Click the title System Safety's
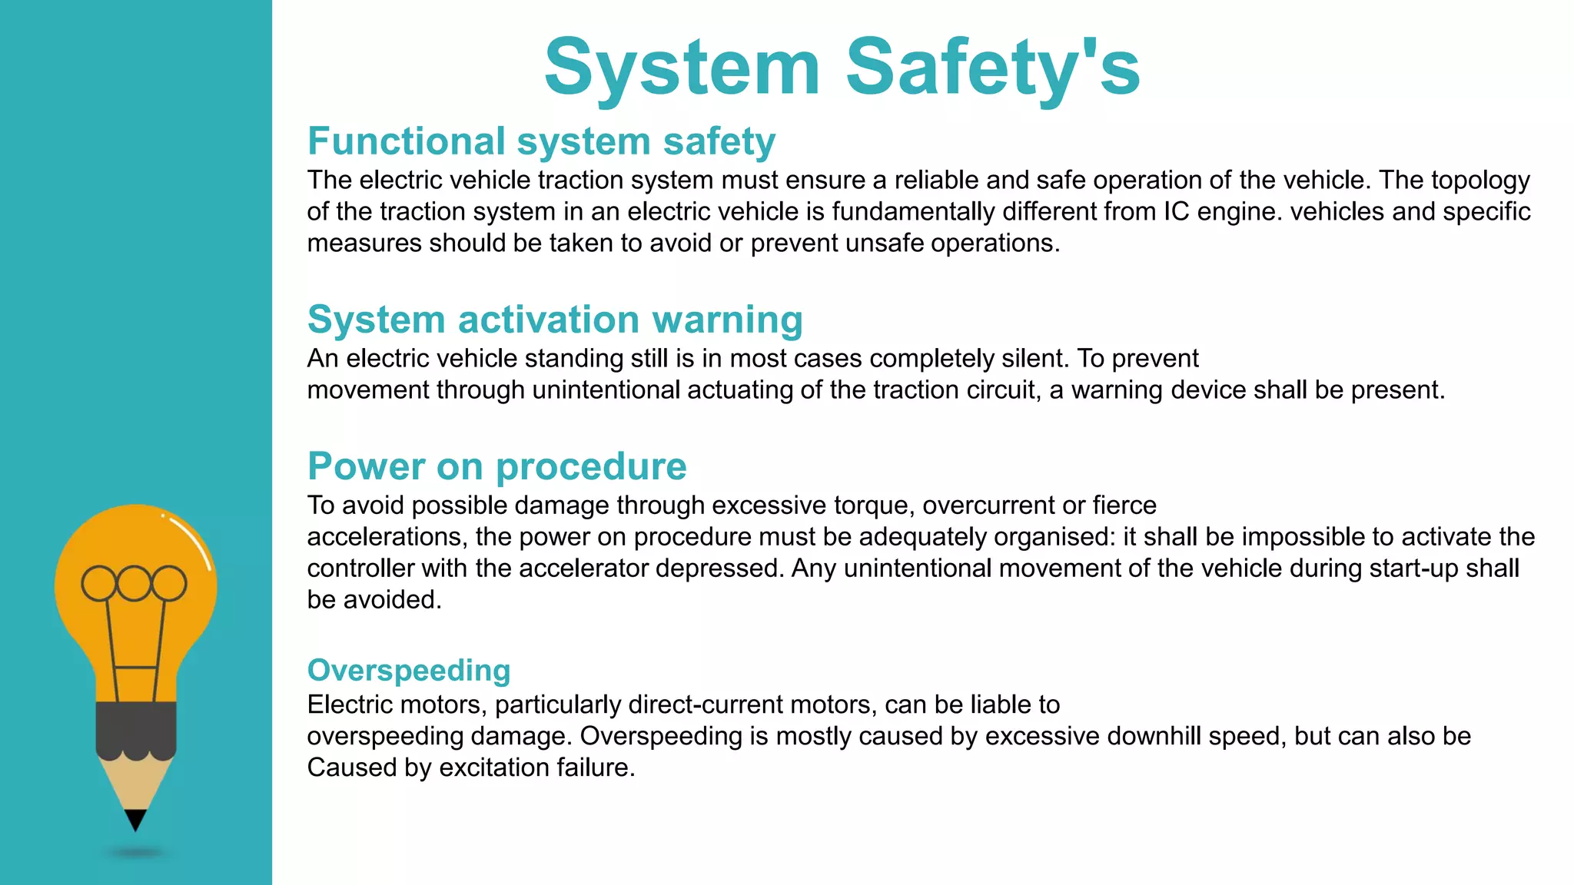click(x=842, y=68)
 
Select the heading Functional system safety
click(x=541, y=141)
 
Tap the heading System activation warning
click(x=555, y=320)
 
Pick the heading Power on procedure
click(x=496, y=466)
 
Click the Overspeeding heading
click(x=409, y=671)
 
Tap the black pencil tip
click(x=135, y=819)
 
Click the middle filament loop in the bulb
click(x=134, y=584)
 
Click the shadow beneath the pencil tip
click(x=136, y=853)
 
